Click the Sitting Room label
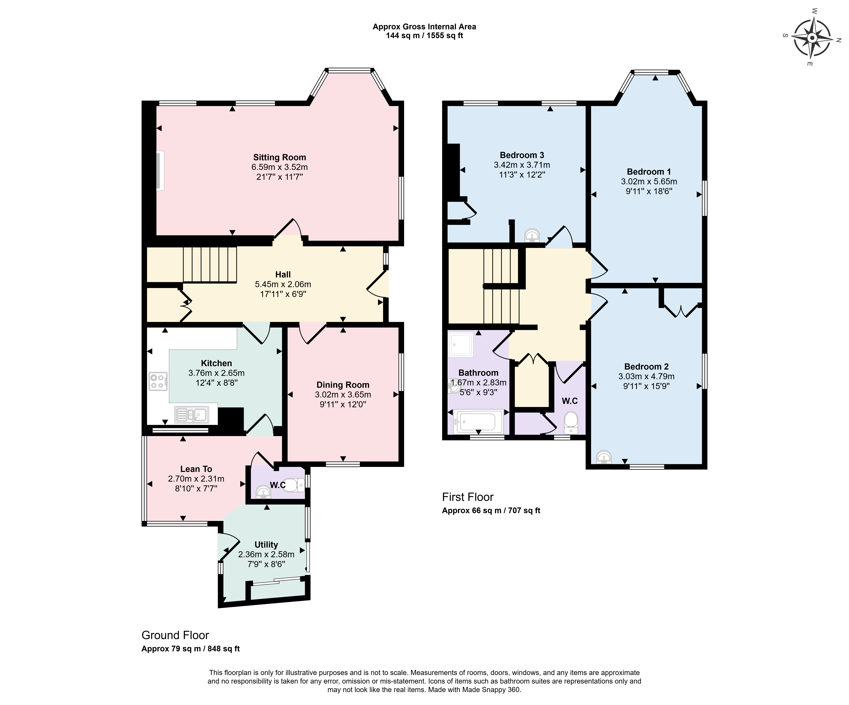279,157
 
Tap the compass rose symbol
812,38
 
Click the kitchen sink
191,414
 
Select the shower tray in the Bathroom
460,344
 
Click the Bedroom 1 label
649,171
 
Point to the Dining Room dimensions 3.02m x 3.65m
343,395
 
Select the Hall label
283,275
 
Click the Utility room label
266,544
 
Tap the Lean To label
196,469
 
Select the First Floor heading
468,497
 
